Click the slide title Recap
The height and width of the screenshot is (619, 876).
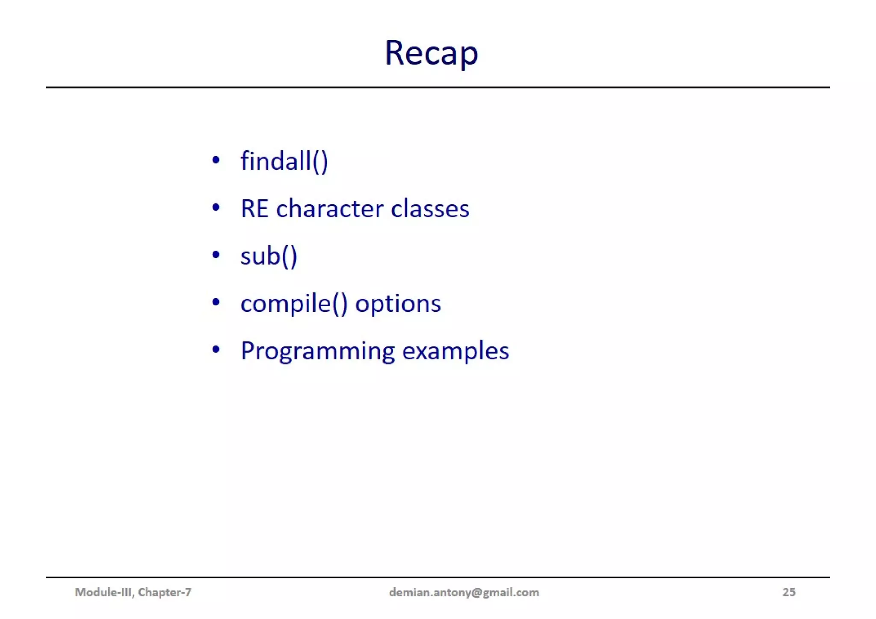431,53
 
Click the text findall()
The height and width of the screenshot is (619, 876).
284,161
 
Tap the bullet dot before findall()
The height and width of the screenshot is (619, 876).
216,160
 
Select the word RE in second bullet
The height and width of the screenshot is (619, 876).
255,209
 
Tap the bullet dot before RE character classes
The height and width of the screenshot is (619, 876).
216,208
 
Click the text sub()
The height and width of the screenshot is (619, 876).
269,256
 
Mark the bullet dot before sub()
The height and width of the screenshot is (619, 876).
216,255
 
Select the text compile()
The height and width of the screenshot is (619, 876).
294,304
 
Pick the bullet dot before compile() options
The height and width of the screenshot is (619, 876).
216,302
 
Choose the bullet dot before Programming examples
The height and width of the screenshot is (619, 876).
216,350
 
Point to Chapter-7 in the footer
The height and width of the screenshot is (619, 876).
165,592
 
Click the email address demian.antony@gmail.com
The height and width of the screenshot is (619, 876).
464,592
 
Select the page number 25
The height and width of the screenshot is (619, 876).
789,592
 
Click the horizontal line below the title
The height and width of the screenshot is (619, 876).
438,87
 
